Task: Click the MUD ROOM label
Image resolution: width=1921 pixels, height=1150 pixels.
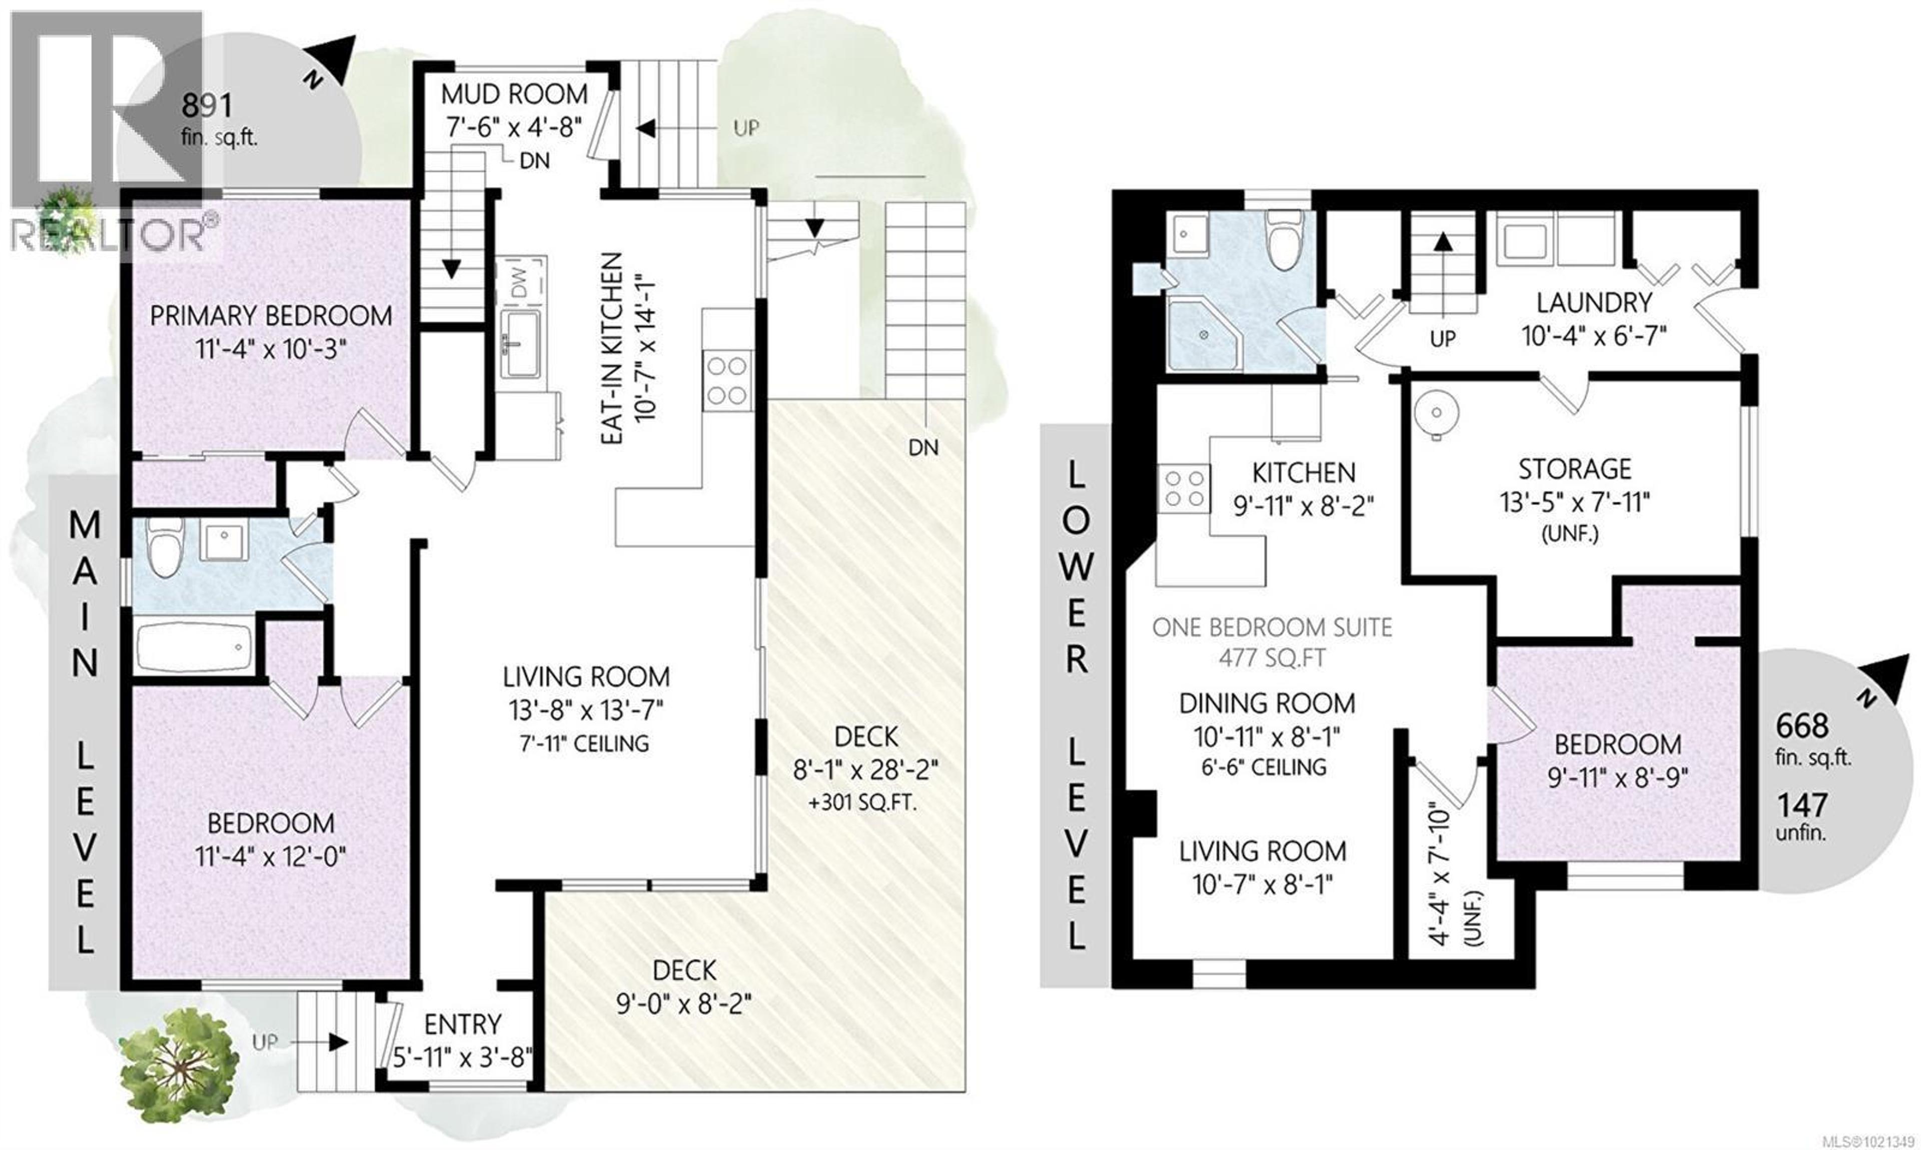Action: [514, 94]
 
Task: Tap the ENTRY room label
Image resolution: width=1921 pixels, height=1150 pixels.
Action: [463, 1024]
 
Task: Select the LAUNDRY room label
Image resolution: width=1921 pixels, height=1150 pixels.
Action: [1594, 302]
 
